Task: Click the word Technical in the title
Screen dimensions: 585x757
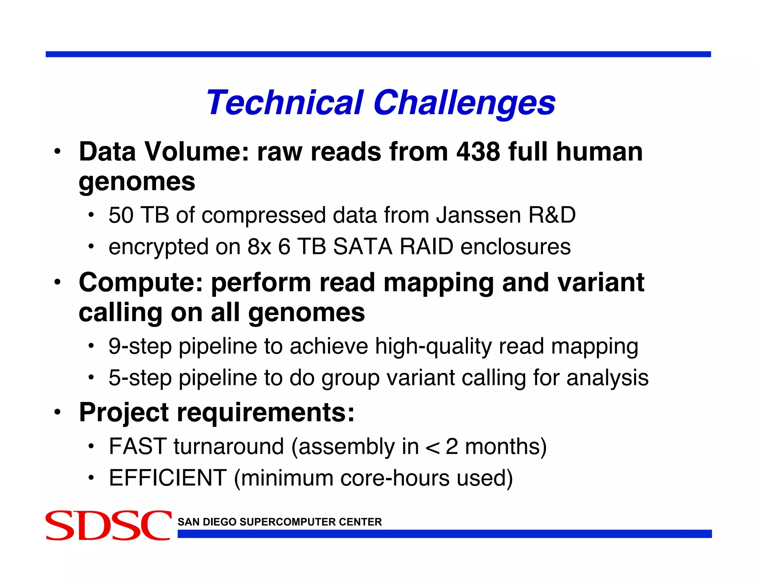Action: [x=285, y=102]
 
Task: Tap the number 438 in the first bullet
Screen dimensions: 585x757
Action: [x=478, y=152]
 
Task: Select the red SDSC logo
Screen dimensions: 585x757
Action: [x=108, y=525]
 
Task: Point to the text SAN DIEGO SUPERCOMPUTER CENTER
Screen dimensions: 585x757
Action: [x=279, y=522]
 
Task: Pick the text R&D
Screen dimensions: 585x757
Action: [x=552, y=215]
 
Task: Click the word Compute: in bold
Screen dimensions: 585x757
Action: [x=141, y=283]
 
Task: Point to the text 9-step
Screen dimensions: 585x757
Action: [x=140, y=347]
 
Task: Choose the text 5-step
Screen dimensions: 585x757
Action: [x=140, y=378]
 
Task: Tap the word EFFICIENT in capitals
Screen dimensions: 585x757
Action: [x=167, y=478]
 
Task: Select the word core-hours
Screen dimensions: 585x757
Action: [x=394, y=478]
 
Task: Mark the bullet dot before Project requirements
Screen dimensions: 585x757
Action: [x=57, y=412]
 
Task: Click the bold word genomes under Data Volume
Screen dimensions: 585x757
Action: [x=137, y=182]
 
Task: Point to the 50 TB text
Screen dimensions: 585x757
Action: [x=138, y=215]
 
